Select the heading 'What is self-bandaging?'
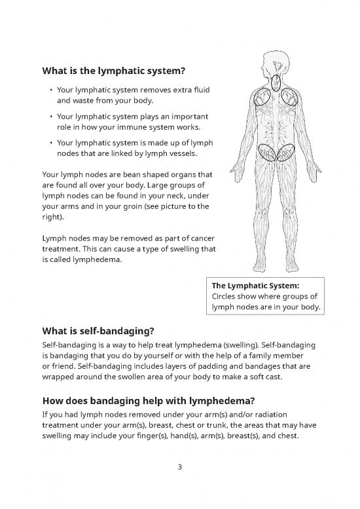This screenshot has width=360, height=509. [99, 331]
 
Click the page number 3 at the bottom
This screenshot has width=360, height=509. [180, 467]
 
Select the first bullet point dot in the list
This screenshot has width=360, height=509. [50, 90]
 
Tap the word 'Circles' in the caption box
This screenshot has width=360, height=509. [225, 296]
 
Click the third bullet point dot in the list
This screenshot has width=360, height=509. [50, 142]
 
